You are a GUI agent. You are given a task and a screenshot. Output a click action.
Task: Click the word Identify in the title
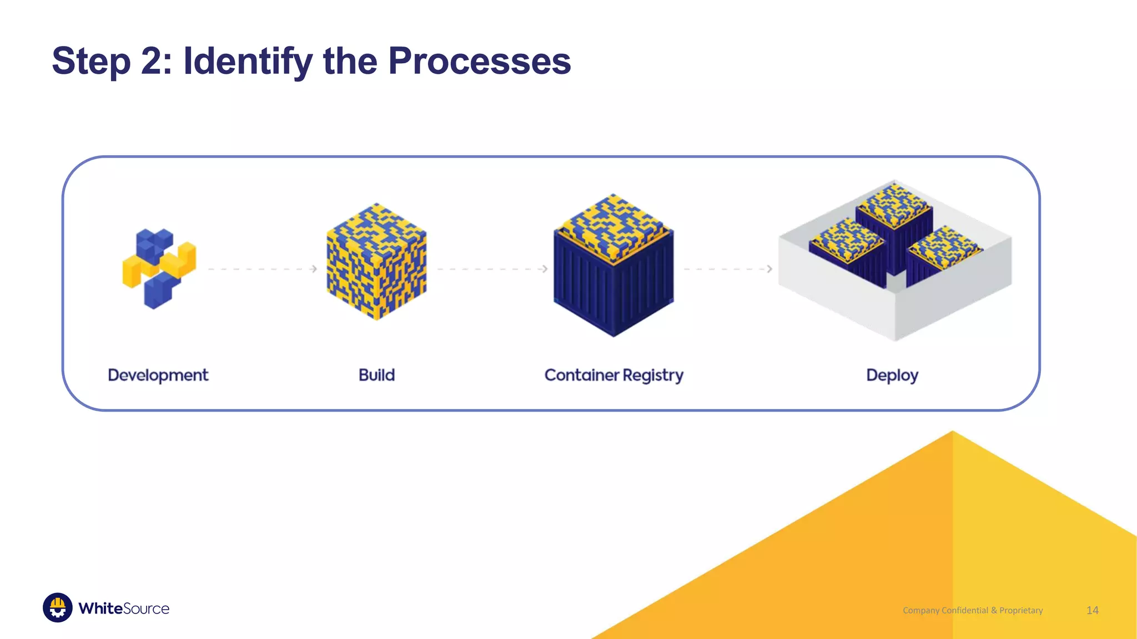click(248, 61)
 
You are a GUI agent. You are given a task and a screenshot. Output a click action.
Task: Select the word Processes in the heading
click(479, 61)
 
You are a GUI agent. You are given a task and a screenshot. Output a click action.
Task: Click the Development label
click(158, 376)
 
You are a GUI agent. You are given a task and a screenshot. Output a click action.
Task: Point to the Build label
click(376, 376)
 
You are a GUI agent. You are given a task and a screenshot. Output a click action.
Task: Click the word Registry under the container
click(653, 376)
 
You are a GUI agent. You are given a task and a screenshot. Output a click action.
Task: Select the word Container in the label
click(581, 376)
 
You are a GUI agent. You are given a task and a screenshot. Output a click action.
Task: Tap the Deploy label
click(892, 376)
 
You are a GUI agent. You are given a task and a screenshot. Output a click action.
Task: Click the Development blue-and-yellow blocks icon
click(159, 268)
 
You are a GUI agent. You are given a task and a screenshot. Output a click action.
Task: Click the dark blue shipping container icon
click(613, 277)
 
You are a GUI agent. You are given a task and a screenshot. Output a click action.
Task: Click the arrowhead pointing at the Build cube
click(314, 269)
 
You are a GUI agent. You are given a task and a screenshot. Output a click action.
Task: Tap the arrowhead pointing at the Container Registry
click(545, 269)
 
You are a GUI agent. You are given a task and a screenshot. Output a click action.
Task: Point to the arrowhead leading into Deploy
click(769, 269)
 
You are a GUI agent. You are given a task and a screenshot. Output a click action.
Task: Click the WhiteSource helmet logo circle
click(58, 608)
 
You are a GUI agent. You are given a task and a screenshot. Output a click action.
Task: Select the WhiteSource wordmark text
click(124, 608)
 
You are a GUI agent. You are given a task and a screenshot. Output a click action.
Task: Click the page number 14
click(1092, 610)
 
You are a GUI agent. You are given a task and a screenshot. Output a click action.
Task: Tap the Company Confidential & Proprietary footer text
click(973, 610)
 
